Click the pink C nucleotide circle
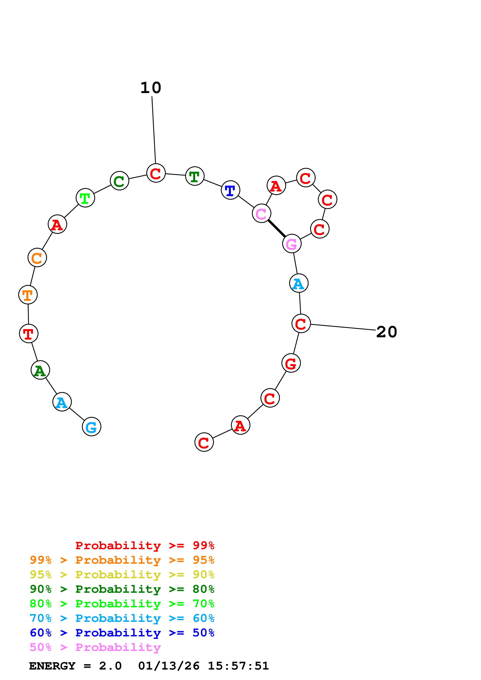(261, 213)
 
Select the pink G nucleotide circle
(292, 244)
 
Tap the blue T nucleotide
(230, 190)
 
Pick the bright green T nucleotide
(85, 198)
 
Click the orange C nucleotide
(37, 258)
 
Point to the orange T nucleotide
(28, 295)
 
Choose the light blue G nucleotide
(92, 427)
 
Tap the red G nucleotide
(291, 363)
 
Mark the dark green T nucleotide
(195, 176)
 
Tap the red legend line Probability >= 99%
(145, 545)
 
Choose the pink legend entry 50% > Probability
(95, 647)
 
